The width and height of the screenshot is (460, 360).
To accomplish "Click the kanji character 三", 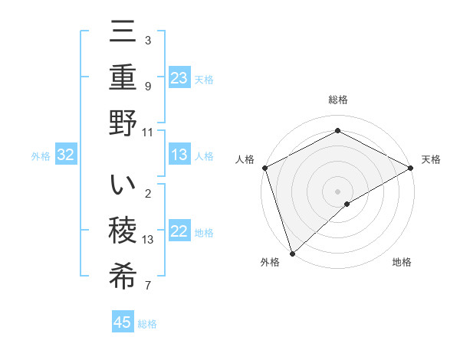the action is pyautogui.click(x=123, y=34).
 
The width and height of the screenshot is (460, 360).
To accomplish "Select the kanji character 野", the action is pyautogui.click(x=123, y=124).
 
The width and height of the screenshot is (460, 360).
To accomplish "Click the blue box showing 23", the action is pyautogui.click(x=179, y=77).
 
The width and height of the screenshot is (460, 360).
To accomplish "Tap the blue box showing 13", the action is pyautogui.click(x=179, y=155).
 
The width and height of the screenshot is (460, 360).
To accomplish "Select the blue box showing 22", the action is pyautogui.click(x=179, y=231).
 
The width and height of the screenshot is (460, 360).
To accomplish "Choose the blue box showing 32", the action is pyautogui.click(x=66, y=155).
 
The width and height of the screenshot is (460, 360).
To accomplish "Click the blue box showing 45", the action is pyautogui.click(x=123, y=322).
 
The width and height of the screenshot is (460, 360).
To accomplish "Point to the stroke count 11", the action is pyautogui.click(x=148, y=132).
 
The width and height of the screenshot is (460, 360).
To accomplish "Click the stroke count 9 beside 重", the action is pyautogui.click(x=148, y=87).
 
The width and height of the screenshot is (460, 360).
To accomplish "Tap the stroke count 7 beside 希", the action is pyautogui.click(x=148, y=286).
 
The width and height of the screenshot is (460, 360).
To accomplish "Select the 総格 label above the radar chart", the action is pyautogui.click(x=338, y=100).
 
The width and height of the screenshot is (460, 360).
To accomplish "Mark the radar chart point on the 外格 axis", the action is pyautogui.click(x=291, y=253).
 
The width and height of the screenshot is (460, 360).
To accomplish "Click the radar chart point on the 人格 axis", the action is pyautogui.click(x=264, y=167).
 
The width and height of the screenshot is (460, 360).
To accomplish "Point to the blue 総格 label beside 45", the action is pyautogui.click(x=147, y=324).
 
